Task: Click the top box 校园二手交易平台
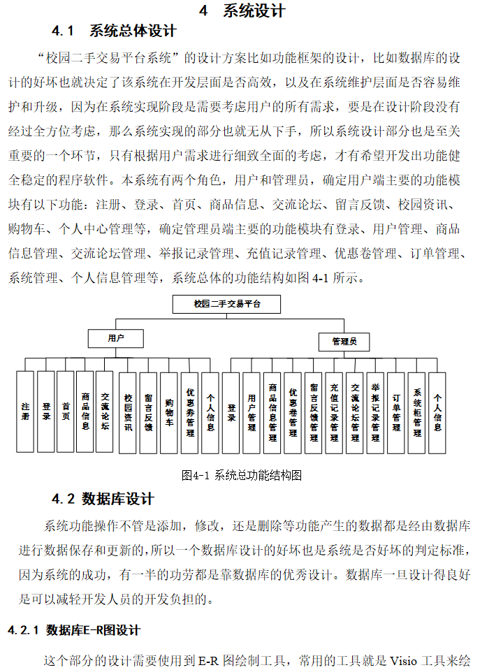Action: click(x=226, y=304)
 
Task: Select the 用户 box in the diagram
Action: click(x=115, y=338)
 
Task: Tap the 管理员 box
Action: click(x=344, y=342)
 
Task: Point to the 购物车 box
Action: click(x=168, y=412)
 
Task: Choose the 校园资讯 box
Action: click(x=128, y=412)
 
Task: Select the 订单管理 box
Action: click(x=396, y=412)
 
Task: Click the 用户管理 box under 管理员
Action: click(x=252, y=412)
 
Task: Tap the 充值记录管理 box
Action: click(x=334, y=412)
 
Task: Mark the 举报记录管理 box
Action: click(x=375, y=412)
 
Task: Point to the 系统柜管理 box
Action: click(x=417, y=412)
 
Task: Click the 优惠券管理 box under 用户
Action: click(x=189, y=412)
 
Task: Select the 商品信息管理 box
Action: click(x=272, y=412)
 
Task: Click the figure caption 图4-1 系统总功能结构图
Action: click(x=241, y=475)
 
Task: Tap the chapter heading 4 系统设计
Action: click(x=242, y=10)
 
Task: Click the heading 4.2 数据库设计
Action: click(x=103, y=499)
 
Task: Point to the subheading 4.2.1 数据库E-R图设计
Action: click(x=74, y=630)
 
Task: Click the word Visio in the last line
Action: click(x=404, y=660)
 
